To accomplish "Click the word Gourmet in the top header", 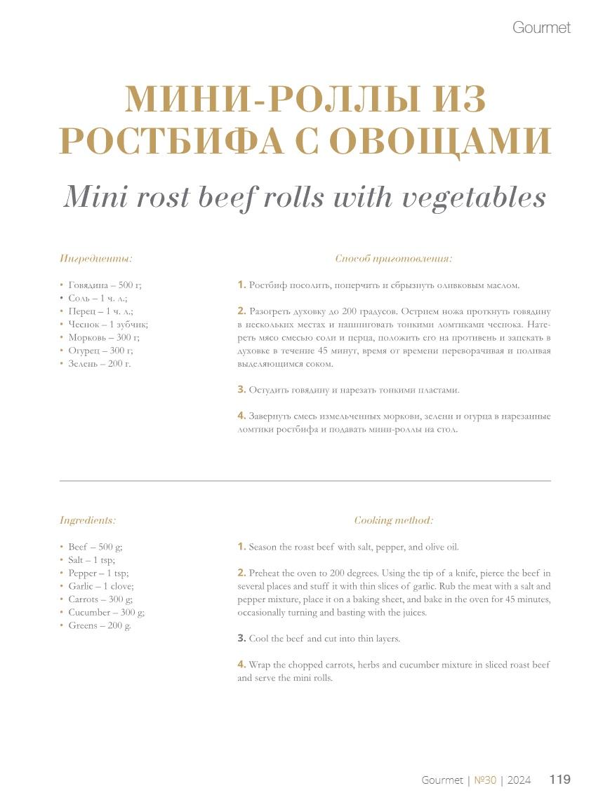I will tap(541, 28).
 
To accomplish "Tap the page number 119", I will tap(559, 780).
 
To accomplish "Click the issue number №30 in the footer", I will tap(485, 780).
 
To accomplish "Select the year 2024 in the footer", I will tap(519, 780).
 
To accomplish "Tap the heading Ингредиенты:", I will tap(96, 259).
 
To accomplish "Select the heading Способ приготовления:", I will tap(393, 259).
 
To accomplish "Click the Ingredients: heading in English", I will tap(88, 520).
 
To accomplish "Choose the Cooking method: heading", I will tap(393, 520).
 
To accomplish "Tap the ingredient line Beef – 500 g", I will tap(95, 547).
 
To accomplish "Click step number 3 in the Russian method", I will tap(241, 389).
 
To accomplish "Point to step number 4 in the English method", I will tap(241, 664).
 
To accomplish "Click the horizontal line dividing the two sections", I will tap(305, 481).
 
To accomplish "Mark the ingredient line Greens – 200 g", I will tap(99, 625).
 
